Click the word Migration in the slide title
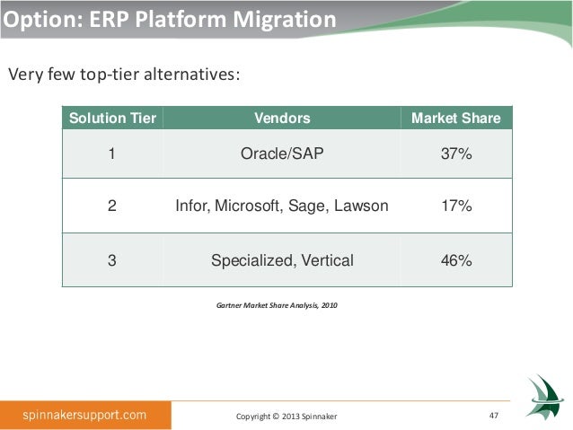click(285, 20)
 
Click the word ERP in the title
click(109, 19)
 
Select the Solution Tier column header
click(112, 118)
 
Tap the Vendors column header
click(282, 118)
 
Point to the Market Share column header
click(456, 118)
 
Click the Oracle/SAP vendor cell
click(282, 154)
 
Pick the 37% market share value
click(456, 154)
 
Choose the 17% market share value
click(456, 206)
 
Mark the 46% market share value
click(456, 260)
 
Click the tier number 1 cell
click(112, 154)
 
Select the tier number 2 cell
click(112, 206)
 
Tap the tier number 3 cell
click(112, 260)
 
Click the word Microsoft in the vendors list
click(249, 206)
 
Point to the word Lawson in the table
click(361, 206)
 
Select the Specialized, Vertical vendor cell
click(282, 261)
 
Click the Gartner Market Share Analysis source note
click(277, 305)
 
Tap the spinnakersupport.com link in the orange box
click(84, 415)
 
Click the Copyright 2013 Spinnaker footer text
click(286, 417)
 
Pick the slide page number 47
click(494, 416)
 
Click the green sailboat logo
click(542, 397)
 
